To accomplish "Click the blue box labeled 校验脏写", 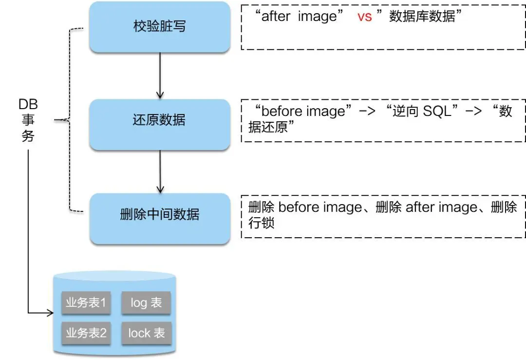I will (160, 27).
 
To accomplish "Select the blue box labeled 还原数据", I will (160, 120).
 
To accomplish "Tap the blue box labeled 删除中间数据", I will (160, 214).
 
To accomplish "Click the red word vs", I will (364, 17).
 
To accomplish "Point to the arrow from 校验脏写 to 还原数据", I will (160, 76).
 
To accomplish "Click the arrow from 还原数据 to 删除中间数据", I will (160, 171).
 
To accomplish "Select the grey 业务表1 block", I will (86, 303).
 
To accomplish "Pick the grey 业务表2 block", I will (86, 333).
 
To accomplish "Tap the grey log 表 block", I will (146, 303).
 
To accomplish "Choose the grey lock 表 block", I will (146, 333).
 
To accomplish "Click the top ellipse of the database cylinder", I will (115, 278).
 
